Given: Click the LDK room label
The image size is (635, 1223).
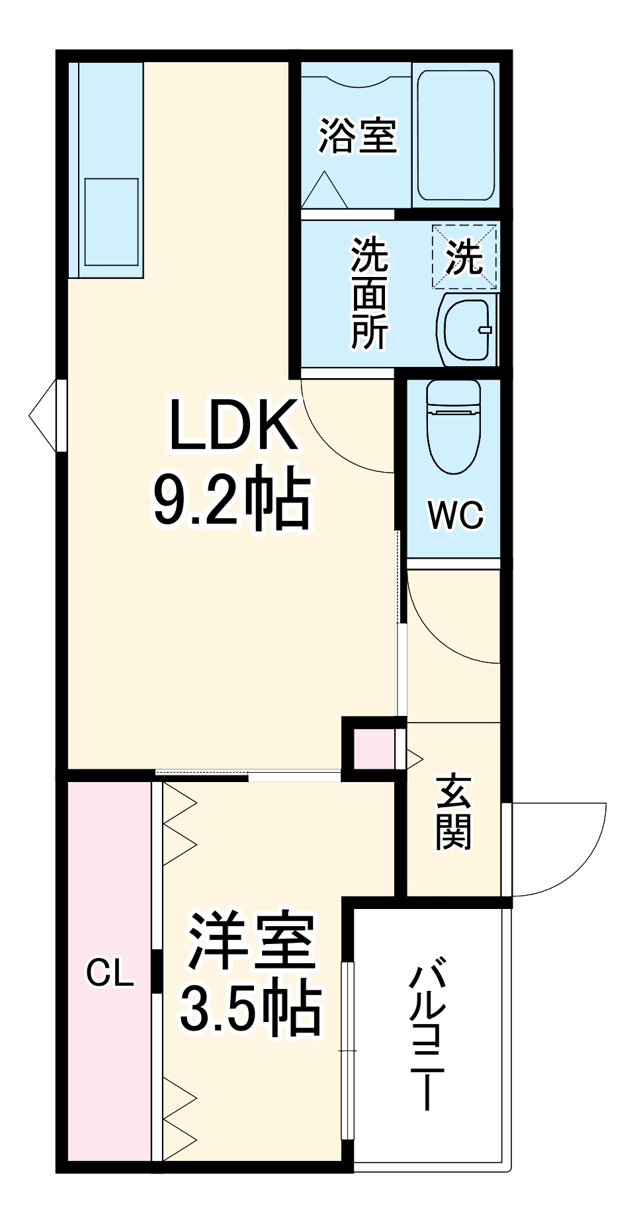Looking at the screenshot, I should coord(233,426).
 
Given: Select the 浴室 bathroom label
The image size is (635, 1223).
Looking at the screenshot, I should coord(358,136).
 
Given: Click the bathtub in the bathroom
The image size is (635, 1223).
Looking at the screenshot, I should coord(456,135).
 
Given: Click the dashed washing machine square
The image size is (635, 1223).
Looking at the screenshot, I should coord(464,256).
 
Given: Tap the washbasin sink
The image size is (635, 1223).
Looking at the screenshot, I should coord(467,329).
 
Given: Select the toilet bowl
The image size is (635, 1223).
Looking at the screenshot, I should coord(453,426).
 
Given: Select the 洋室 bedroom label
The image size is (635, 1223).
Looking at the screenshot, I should coord(252,941).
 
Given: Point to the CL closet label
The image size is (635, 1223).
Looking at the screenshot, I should coord(110,973).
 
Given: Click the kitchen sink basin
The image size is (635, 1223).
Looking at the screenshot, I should coord(111,221).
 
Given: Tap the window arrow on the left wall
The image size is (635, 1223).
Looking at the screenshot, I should coord(45,415).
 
